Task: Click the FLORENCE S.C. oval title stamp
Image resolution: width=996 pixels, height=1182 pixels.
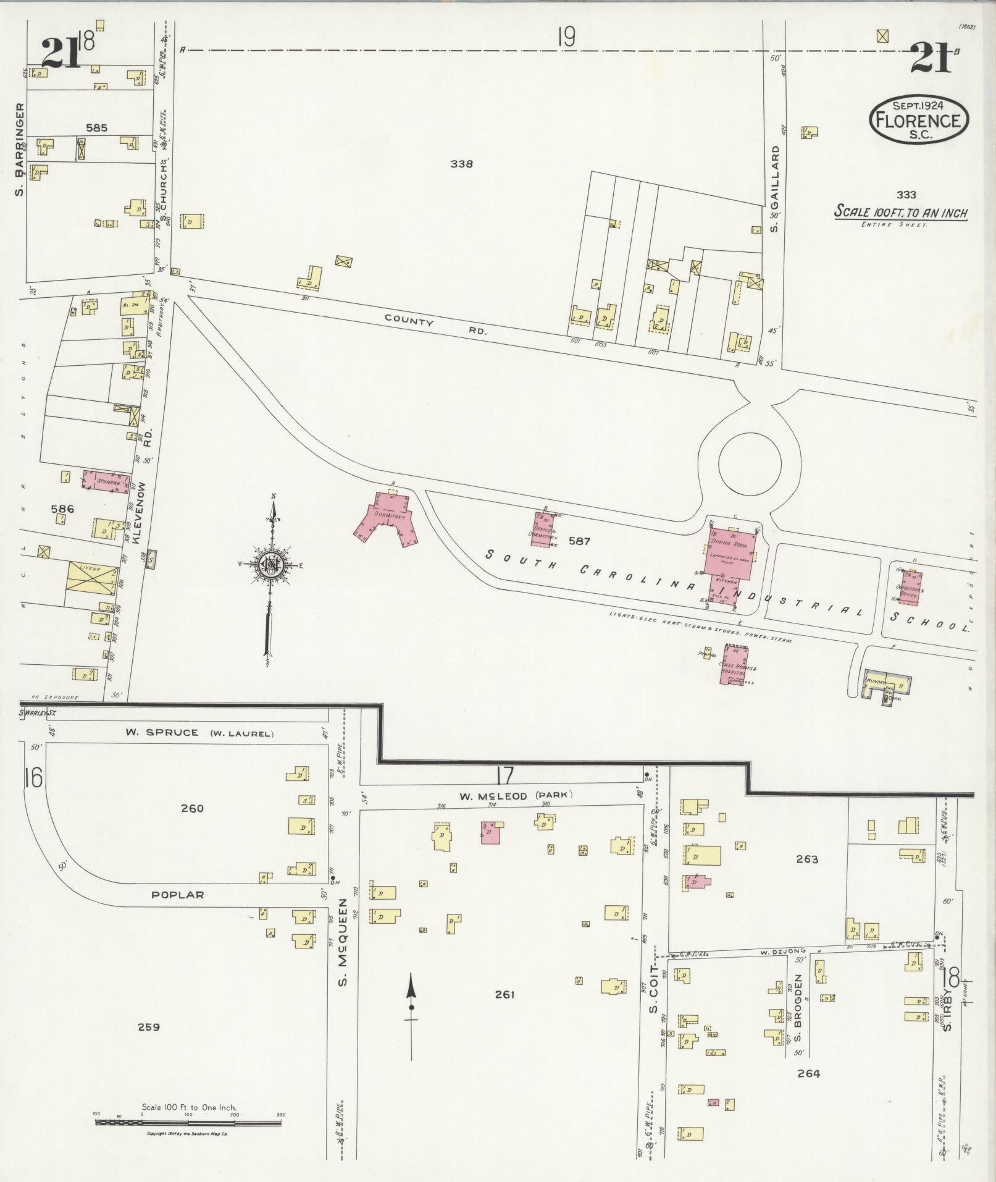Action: click(918, 119)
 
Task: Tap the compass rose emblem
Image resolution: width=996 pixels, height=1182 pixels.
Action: click(270, 564)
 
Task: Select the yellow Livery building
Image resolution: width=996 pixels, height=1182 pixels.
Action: click(92, 583)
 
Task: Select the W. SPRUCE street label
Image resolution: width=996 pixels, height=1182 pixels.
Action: click(162, 733)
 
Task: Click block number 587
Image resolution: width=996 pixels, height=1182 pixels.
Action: click(579, 541)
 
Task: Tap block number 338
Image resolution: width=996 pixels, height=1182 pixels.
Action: click(461, 164)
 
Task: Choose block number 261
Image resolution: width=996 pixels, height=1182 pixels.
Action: click(504, 995)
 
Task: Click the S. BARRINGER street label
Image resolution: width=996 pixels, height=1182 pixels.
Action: click(20, 149)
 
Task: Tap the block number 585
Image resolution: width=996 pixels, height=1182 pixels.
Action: click(97, 129)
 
